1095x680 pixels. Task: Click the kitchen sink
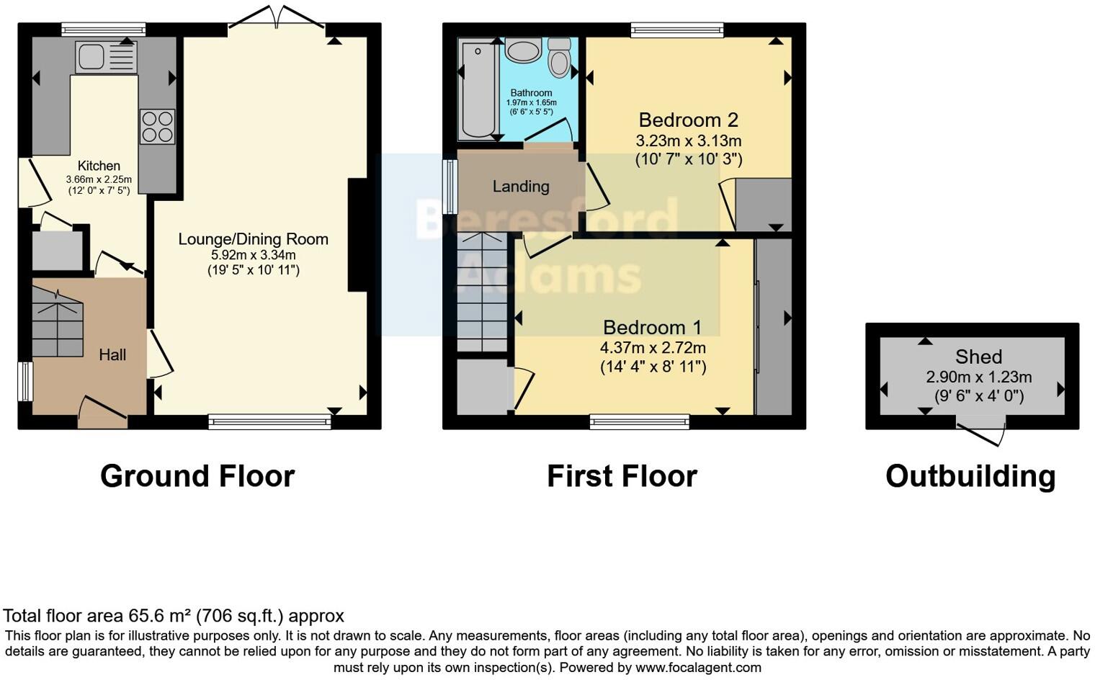tap(105, 57)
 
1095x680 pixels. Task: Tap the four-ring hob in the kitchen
tap(157, 126)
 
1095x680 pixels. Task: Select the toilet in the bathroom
tap(559, 58)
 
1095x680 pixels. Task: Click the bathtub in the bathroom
tap(475, 89)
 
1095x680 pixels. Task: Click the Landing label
tap(521, 187)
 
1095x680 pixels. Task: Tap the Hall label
tap(112, 354)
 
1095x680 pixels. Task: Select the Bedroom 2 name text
tap(688, 120)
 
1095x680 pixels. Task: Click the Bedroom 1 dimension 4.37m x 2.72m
tap(653, 348)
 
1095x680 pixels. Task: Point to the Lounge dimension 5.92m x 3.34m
tap(253, 255)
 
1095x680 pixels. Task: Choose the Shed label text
tap(978, 357)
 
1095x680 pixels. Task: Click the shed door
tap(980, 434)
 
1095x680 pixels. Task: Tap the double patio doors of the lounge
tap(276, 16)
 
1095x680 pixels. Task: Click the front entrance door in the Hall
tap(102, 411)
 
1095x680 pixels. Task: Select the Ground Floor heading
tap(197, 476)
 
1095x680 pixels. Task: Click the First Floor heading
tap(622, 476)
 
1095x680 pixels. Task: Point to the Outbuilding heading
tap(970, 476)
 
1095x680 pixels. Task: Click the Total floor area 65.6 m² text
tap(174, 616)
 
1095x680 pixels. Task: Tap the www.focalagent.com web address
tap(698, 667)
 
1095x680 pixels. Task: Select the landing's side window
tap(451, 187)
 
